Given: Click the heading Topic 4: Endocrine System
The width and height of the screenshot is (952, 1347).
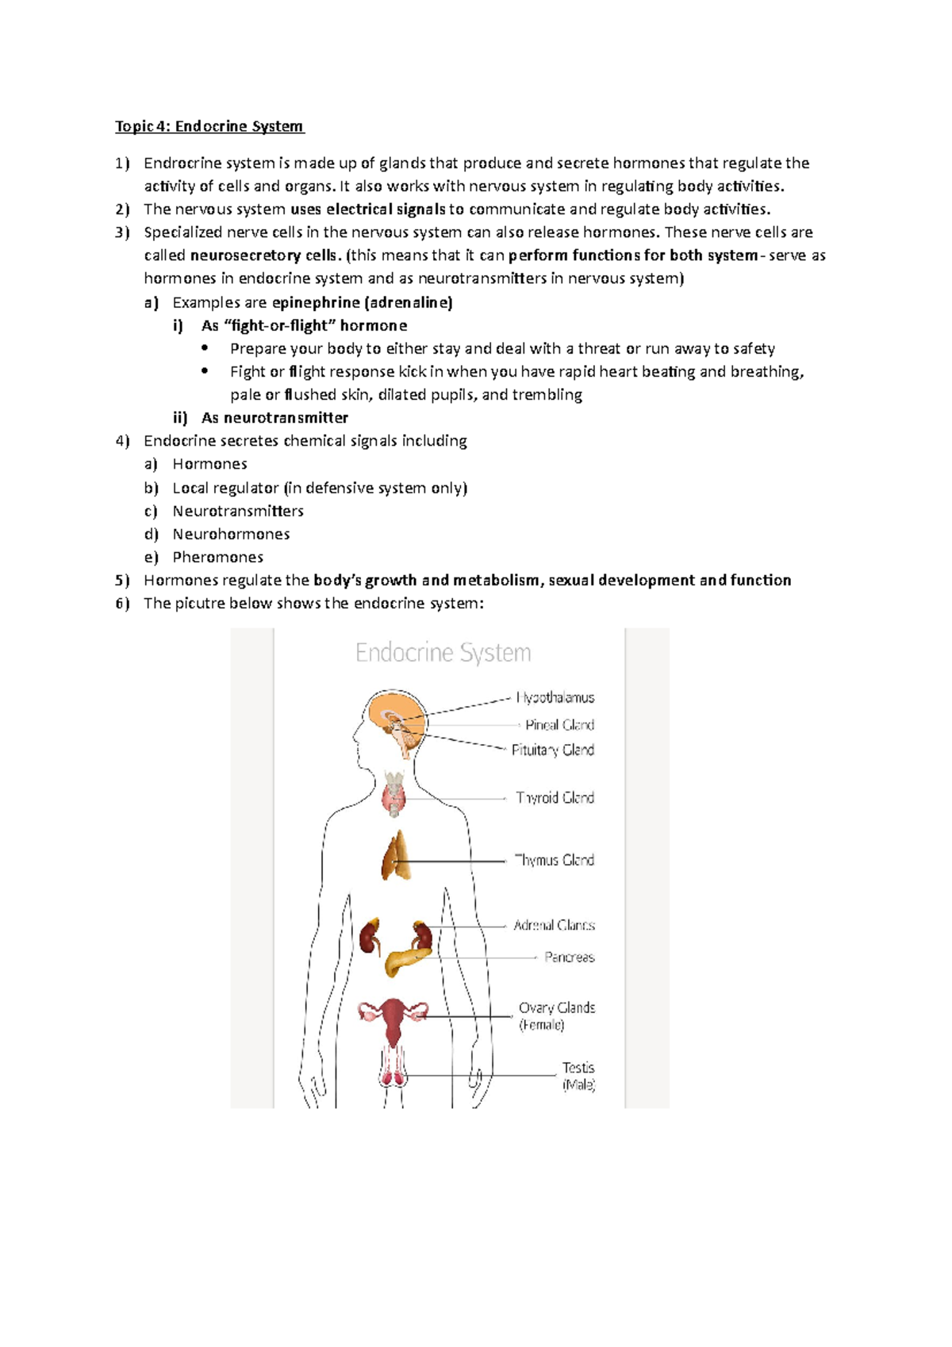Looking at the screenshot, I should [x=209, y=126].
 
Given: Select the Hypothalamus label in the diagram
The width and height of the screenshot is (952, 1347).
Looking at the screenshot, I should [x=555, y=698].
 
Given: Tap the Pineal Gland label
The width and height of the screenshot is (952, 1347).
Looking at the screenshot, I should [x=559, y=725].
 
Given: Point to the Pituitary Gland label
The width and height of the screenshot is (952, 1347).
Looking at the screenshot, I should [x=552, y=750].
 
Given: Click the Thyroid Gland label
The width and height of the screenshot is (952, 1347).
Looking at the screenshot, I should [x=555, y=798].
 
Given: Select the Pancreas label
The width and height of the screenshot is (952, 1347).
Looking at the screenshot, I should [x=569, y=957].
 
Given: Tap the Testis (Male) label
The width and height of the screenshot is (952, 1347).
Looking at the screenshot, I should [x=578, y=1076].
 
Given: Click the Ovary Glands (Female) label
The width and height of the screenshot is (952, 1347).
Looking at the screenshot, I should [x=556, y=1016].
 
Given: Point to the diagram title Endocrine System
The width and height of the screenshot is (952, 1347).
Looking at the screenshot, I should [x=443, y=654].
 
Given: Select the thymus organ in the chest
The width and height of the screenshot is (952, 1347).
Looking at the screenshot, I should [x=397, y=857].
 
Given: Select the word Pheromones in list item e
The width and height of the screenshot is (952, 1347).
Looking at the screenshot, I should [x=217, y=557].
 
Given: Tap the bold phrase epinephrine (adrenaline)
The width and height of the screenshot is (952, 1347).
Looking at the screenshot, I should [x=362, y=302].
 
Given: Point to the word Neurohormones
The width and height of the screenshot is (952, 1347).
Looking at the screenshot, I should [x=231, y=534].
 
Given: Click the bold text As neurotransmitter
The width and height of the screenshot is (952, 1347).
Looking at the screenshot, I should [x=274, y=418].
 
